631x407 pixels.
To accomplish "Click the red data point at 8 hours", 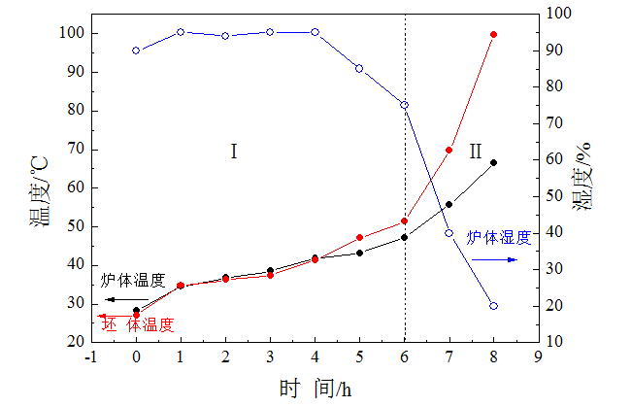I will coord(493,34).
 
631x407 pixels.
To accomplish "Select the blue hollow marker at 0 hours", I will coord(136,51).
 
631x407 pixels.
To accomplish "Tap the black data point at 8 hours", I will coord(493,162).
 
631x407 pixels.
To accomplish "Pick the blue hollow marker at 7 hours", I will coord(448,233).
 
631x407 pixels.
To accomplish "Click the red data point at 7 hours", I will coord(448,150).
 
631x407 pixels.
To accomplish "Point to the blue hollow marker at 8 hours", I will coord(493,306).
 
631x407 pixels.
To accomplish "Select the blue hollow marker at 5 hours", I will coord(359,68).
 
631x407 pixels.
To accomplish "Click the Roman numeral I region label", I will coord(234,152).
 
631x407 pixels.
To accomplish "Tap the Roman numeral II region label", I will coord(475,152).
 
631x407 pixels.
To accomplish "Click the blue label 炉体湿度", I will coord(499,237).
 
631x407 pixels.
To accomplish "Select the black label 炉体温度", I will coord(134,281).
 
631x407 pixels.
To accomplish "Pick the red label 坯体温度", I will coord(138,324).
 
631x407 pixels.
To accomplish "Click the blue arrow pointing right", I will coord(503,259).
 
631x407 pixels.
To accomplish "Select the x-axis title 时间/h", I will coord(315,390).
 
